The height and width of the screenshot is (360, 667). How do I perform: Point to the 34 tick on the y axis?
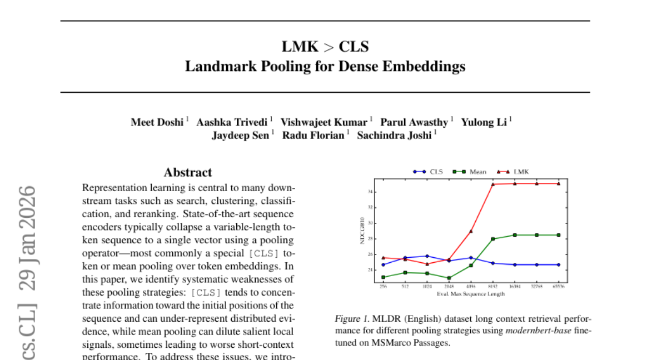coord(370,192)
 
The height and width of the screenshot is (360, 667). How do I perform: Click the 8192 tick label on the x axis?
coord(493,288)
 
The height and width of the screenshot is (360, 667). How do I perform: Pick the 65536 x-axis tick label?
coord(558,288)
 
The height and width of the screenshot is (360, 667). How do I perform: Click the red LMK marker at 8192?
coord(493,184)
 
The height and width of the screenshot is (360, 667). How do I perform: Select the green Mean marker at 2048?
coord(449,278)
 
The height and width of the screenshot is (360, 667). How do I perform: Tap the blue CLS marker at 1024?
coord(427,256)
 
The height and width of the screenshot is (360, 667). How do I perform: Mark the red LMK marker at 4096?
coord(471,231)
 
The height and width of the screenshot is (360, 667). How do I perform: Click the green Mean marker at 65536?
coord(558,235)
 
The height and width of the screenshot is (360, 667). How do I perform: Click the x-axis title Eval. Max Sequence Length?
coord(470,294)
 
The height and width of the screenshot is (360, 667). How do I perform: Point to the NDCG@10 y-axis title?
coord(362,230)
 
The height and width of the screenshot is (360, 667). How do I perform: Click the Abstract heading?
coord(188,172)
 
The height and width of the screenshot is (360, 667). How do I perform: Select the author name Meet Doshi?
coord(157,122)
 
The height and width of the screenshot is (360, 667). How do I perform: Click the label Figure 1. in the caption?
coord(351,319)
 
